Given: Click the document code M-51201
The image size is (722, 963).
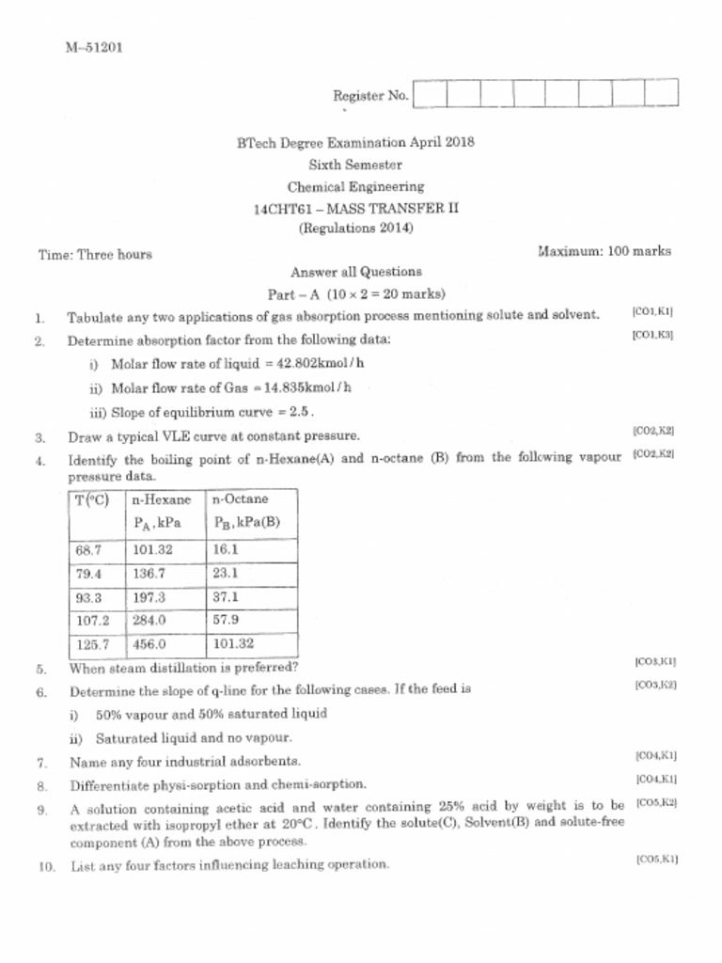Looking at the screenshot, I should pos(94,47).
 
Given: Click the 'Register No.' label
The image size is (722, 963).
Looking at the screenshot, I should pos(370,95).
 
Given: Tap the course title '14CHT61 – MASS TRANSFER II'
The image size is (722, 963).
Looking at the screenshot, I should pos(355,208).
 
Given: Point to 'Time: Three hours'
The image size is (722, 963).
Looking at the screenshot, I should pos(95,254).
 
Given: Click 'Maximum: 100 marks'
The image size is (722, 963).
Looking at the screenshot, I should pos(604,251).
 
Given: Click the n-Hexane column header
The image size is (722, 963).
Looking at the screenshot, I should pos(161,499).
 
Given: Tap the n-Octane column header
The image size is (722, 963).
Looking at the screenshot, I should pos(241,499).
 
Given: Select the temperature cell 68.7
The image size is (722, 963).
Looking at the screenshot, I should pos(88,549).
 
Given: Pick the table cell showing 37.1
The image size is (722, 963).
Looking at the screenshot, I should pos(227,596).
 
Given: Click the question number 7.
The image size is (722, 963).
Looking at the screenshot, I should pos(41,762).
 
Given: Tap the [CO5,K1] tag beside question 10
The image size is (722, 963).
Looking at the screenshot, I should pos(656,860).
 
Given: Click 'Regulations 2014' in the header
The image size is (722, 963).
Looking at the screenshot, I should pos(355,228).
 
